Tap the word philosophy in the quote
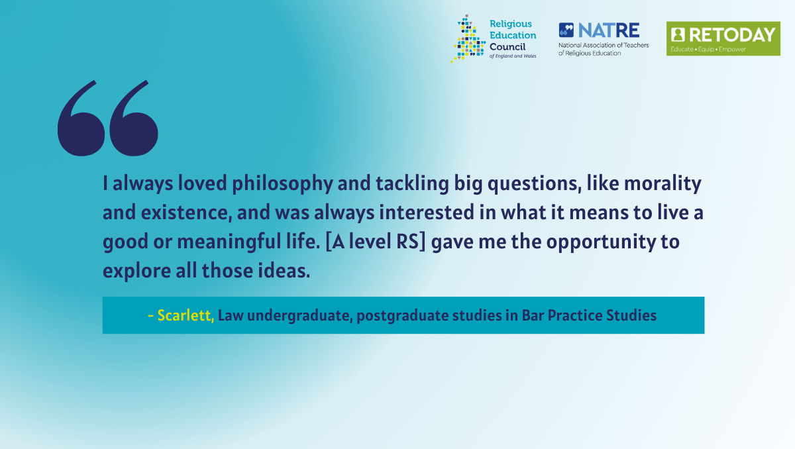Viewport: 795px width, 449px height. click(282, 184)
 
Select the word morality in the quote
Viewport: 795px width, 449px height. click(662, 184)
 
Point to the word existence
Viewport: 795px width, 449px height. click(186, 213)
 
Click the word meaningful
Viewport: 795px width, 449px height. click(229, 242)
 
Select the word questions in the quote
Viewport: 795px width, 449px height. click(535, 184)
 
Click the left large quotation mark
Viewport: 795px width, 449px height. click(81, 119)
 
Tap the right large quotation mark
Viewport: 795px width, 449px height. click(134, 119)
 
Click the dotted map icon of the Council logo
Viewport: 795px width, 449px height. click(468, 38)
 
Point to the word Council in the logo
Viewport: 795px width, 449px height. click(507, 47)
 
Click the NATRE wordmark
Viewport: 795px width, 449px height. click(609, 30)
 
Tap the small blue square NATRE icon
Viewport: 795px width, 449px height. click(566, 30)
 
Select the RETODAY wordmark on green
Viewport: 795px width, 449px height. click(732, 34)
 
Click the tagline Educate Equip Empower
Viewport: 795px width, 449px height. click(708, 49)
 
